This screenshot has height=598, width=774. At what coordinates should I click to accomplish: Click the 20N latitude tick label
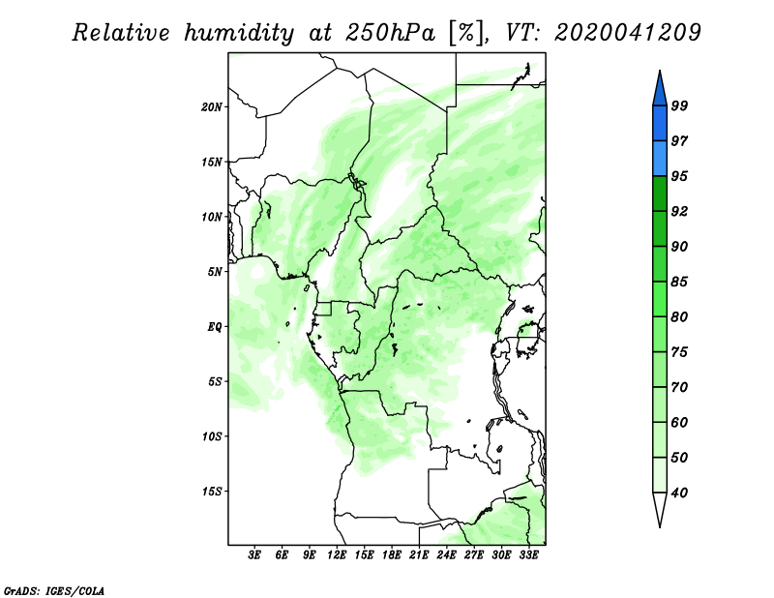click(212, 107)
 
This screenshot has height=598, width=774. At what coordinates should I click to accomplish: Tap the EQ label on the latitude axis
click(215, 327)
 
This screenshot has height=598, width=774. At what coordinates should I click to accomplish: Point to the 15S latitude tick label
click(212, 492)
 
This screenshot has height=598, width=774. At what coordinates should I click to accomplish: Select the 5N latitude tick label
click(215, 272)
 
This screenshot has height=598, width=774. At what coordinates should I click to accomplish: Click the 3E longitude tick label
click(254, 555)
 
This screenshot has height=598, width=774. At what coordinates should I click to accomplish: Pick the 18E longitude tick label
click(392, 555)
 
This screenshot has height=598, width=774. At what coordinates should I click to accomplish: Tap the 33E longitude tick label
click(528, 555)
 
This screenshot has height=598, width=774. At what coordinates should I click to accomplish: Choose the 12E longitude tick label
click(337, 555)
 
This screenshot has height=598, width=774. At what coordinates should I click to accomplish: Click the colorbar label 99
click(679, 105)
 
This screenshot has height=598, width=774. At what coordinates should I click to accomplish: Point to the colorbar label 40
click(679, 493)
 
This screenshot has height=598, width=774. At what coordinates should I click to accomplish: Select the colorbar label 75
click(679, 351)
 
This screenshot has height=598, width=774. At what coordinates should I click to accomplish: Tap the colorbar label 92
click(679, 211)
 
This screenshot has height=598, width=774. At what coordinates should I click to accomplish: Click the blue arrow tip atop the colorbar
click(660, 71)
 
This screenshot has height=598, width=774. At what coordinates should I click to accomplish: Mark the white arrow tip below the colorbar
click(660, 527)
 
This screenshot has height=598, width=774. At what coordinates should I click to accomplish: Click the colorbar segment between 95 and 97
click(660, 159)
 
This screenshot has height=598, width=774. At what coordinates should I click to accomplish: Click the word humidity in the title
click(239, 33)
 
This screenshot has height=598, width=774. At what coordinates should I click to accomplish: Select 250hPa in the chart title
click(390, 33)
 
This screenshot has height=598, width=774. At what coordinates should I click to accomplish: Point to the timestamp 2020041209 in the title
click(627, 33)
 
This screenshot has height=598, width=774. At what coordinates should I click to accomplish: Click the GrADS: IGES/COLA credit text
click(54, 591)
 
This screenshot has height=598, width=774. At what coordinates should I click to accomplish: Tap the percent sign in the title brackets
click(467, 33)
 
